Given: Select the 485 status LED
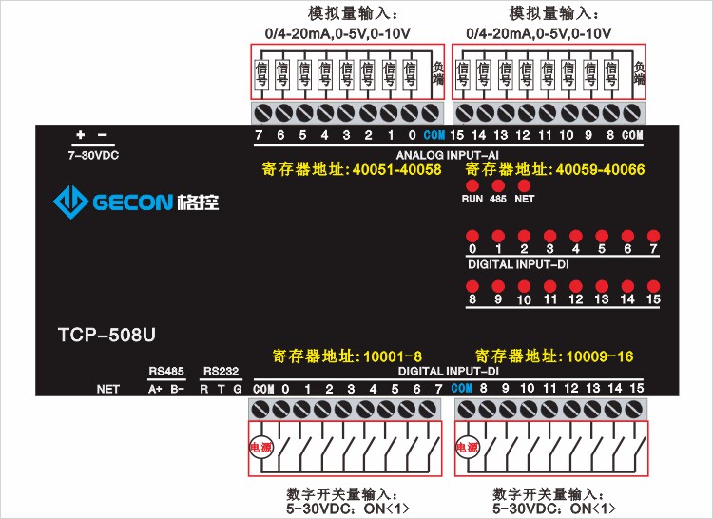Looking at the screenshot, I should pyautogui.click(x=497, y=186).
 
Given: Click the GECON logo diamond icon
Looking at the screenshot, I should pyautogui.click(x=69, y=201).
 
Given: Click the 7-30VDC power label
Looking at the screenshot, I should pyautogui.click(x=92, y=154).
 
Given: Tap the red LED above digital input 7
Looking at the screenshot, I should pyautogui.click(x=653, y=235).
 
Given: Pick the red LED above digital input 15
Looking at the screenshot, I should pyautogui.click(x=653, y=285).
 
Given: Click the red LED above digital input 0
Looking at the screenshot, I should pyautogui.click(x=472, y=235).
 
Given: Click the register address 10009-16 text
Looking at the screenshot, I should pyautogui.click(x=554, y=356).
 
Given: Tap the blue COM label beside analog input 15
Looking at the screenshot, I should pyautogui.click(x=434, y=136).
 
